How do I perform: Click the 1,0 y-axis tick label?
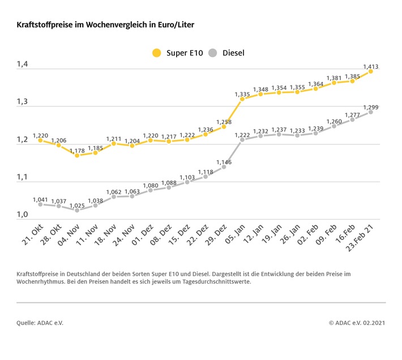(x=22, y=214)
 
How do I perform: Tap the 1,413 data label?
(x=371, y=66)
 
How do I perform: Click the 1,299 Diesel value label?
(x=371, y=107)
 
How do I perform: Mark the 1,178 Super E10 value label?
(x=77, y=151)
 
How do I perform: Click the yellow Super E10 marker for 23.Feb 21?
(x=371, y=71)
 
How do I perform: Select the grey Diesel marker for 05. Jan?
(x=242, y=139)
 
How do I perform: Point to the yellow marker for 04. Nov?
(x=77, y=155)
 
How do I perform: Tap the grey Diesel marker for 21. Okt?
(x=40, y=204)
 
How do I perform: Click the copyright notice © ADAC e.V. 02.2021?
(x=357, y=323)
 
